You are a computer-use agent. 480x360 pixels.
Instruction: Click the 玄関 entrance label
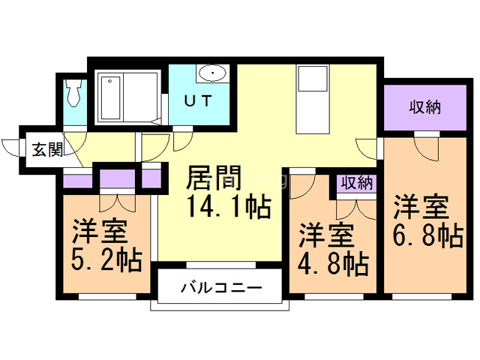(46, 150)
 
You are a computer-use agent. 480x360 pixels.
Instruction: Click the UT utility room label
(198, 99)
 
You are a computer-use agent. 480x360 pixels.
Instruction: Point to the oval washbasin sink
(213, 74)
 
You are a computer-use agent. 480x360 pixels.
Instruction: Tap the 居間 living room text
(213, 180)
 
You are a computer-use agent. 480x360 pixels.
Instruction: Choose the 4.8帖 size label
(333, 264)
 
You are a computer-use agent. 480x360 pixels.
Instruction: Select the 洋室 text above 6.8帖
(422, 205)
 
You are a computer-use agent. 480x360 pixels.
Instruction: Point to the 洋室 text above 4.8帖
(327, 235)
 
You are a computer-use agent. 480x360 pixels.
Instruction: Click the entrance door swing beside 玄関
(13, 150)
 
